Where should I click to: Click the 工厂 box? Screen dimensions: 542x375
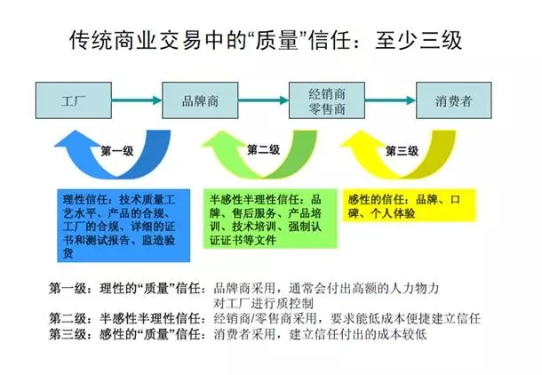(x=74, y=100)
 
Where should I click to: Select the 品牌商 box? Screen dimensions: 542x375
(x=200, y=100)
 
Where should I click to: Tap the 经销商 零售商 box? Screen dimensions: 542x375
(x=327, y=100)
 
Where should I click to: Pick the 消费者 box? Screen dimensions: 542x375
(x=453, y=100)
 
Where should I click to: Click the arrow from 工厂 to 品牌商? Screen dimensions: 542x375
(x=137, y=100)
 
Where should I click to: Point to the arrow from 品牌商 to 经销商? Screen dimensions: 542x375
(x=263, y=100)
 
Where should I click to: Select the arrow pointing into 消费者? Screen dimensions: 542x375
(x=390, y=100)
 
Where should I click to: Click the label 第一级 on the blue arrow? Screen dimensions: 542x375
(x=117, y=151)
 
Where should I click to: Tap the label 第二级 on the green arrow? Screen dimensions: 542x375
(x=263, y=149)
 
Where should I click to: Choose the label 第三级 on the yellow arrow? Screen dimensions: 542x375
(x=402, y=151)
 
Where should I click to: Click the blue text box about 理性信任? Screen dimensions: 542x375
(x=124, y=226)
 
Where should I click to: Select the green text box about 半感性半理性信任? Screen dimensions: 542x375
(x=270, y=219)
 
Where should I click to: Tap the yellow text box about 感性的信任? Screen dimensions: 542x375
(x=410, y=205)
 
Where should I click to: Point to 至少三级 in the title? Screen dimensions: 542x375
(x=418, y=40)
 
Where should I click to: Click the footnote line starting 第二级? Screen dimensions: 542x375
(x=265, y=318)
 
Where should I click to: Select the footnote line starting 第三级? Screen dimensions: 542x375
(x=238, y=334)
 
